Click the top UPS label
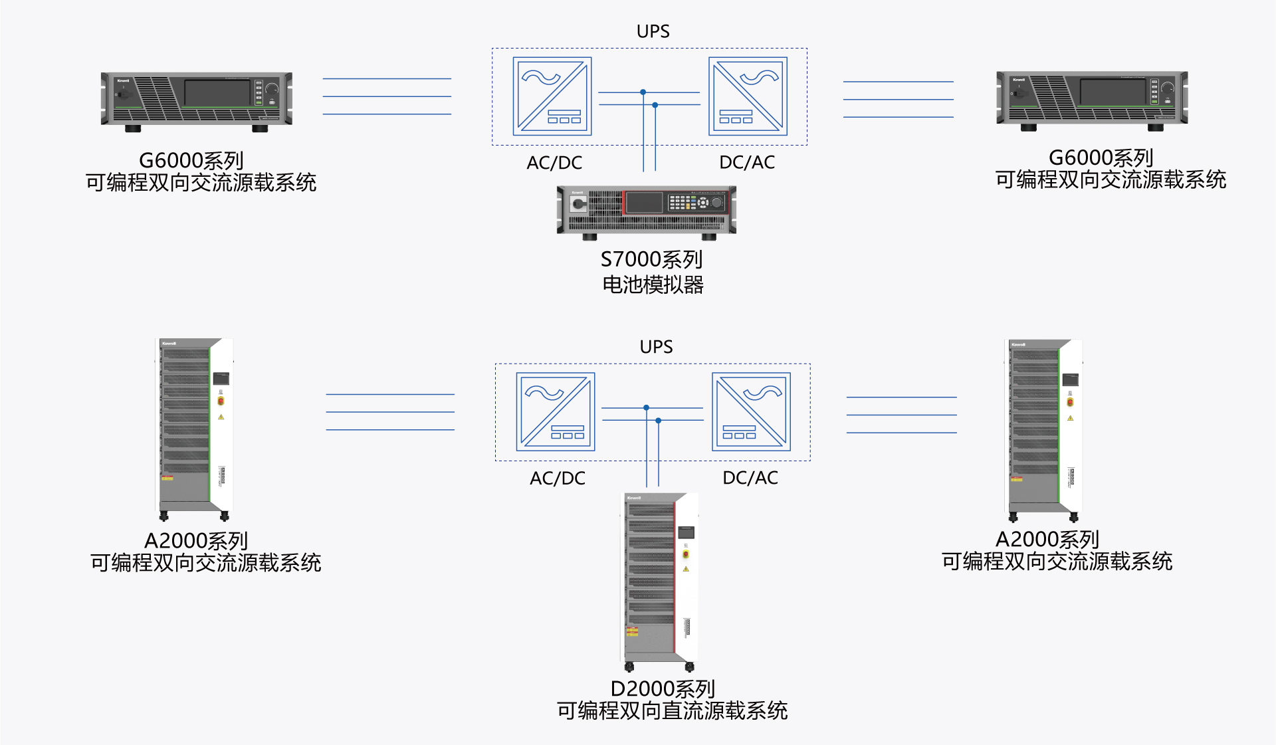[653, 31]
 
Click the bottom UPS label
[656, 347]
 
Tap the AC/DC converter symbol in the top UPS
[552, 96]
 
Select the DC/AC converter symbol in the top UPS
[748, 96]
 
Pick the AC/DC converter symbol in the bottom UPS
[555, 412]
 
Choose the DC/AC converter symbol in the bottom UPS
[751, 412]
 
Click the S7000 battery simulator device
[646, 211]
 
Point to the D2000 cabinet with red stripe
[660, 582]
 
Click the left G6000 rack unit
[197, 100]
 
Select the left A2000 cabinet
[195, 428]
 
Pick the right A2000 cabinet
[1043, 429]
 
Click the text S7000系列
[651, 259]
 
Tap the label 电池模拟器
[653, 285]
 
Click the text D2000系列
[663, 689]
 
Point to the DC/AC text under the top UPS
[747, 162]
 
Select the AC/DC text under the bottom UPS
[557, 478]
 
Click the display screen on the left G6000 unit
[217, 92]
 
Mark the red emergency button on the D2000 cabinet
[686, 554]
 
